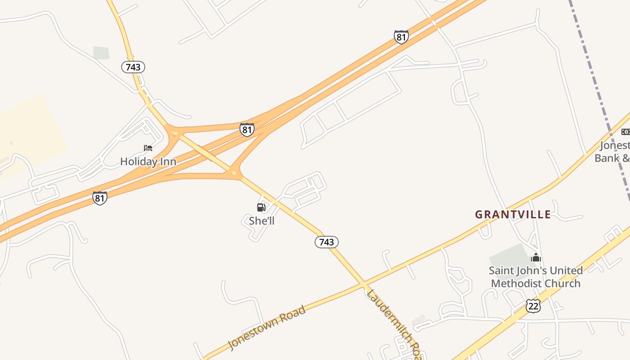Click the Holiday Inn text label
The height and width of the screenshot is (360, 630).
point(148,162)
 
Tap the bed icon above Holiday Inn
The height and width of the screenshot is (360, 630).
point(148,148)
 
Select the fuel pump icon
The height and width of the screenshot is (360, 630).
point(261,207)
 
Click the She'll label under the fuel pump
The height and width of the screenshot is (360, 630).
point(261,221)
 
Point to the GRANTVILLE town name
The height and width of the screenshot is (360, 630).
point(513,215)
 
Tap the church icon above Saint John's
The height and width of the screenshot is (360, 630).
point(535,257)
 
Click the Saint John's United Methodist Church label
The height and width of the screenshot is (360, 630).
point(535,277)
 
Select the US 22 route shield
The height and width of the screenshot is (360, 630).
point(533,306)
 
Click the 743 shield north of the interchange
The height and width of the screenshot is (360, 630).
point(133,67)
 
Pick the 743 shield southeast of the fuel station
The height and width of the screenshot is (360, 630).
point(326,242)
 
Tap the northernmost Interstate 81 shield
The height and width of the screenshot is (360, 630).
point(401,37)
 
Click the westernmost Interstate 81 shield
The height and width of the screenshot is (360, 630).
point(100,198)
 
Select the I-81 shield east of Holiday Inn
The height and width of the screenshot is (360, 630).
point(247,130)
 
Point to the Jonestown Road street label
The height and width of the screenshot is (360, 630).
point(267,327)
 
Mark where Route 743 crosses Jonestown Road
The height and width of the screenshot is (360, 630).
point(363,284)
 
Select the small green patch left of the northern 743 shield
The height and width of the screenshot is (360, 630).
point(101,53)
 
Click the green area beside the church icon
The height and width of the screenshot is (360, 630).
point(511,256)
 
